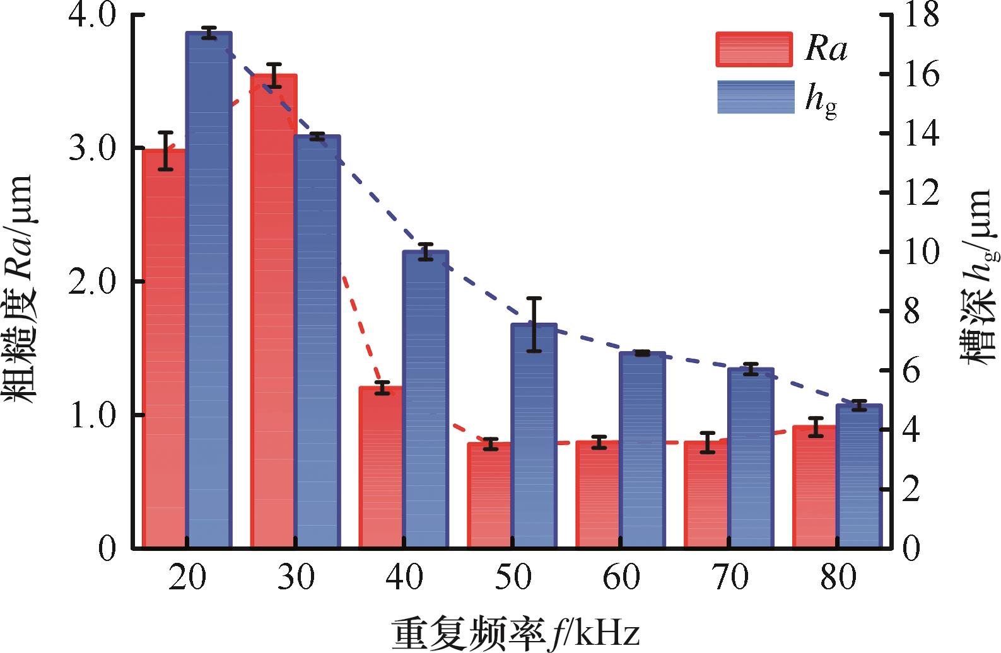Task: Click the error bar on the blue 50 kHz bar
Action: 534,324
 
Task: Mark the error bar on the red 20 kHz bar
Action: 165,151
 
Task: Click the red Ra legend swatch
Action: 754,50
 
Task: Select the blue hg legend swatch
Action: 756,97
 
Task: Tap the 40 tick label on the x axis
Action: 404,577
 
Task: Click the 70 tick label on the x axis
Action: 730,577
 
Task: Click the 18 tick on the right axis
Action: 920,15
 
